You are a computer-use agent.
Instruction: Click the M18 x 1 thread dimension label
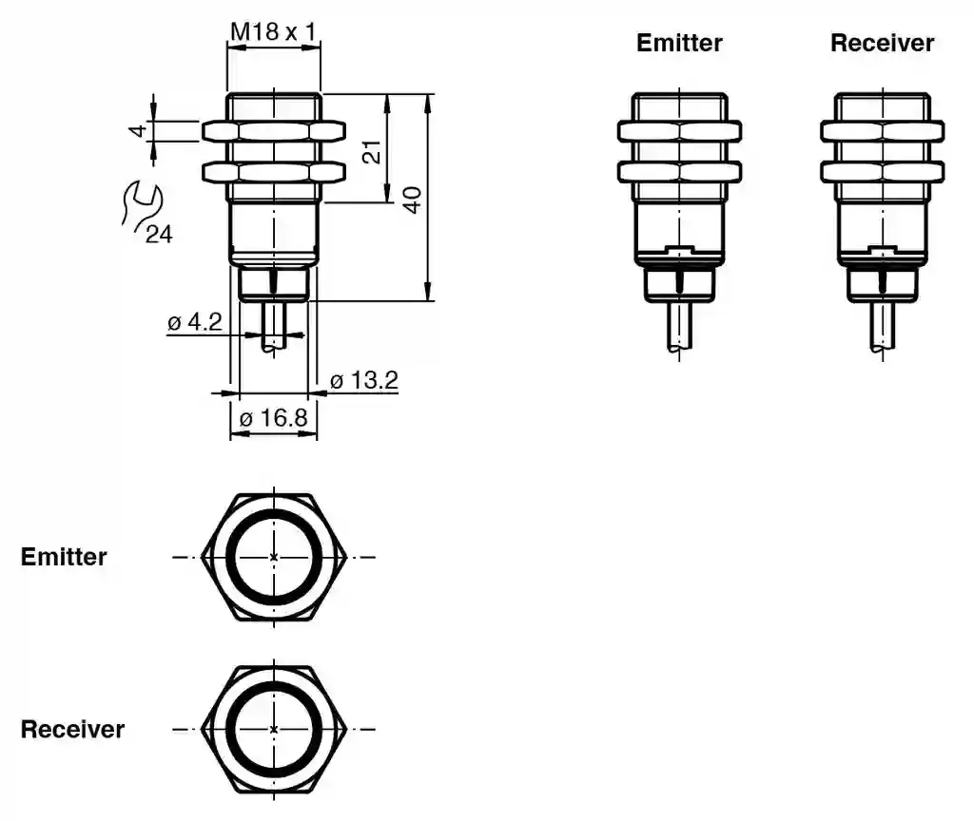point(273,32)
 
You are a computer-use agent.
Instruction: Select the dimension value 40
point(413,199)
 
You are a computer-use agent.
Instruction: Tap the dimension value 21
point(372,150)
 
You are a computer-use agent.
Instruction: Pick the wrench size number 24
point(159,234)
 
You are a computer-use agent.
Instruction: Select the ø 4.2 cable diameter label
point(195,322)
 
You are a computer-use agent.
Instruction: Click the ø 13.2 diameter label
point(363,381)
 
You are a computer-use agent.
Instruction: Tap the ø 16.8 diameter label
point(273,418)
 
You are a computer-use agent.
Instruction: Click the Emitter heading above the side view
point(679,43)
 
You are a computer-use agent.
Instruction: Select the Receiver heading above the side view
point(882,43)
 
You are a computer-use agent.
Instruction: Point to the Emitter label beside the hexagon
point(64,557)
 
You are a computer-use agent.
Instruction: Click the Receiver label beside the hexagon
point(72,729)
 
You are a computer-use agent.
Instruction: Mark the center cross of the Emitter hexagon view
point(274,557)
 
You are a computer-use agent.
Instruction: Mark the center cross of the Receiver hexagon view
point(274,729)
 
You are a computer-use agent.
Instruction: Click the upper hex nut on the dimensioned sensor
point(273,131)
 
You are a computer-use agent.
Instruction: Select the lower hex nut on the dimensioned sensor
point(273,172)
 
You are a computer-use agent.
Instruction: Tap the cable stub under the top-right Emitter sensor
point(679,325)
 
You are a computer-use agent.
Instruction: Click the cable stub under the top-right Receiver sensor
point(882,325)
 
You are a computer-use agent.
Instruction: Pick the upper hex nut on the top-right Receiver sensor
point(882,131)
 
